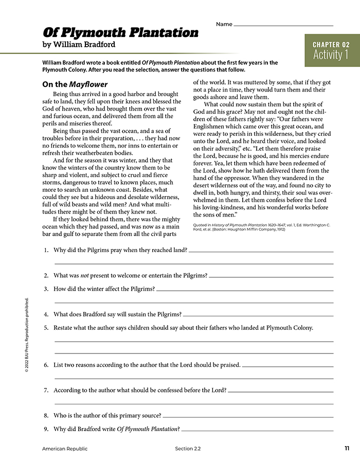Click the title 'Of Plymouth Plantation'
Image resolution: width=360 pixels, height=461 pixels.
click(x=120, y=32)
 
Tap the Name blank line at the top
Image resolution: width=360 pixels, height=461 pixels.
click(x=283, y=25)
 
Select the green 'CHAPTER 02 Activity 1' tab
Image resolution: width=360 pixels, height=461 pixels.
click(x=331, y=50)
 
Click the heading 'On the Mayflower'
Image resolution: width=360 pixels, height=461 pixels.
click(x=75, y=84)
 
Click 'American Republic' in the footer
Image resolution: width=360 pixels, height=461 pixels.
click(x=64, y=449)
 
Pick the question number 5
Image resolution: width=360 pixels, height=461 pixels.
click(x=46, y=327)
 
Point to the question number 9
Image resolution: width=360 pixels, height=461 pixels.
click(x=46, y=429)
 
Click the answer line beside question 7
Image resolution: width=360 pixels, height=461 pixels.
click(x=280, y=391)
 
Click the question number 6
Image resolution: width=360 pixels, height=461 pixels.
click(x=46, y=365)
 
